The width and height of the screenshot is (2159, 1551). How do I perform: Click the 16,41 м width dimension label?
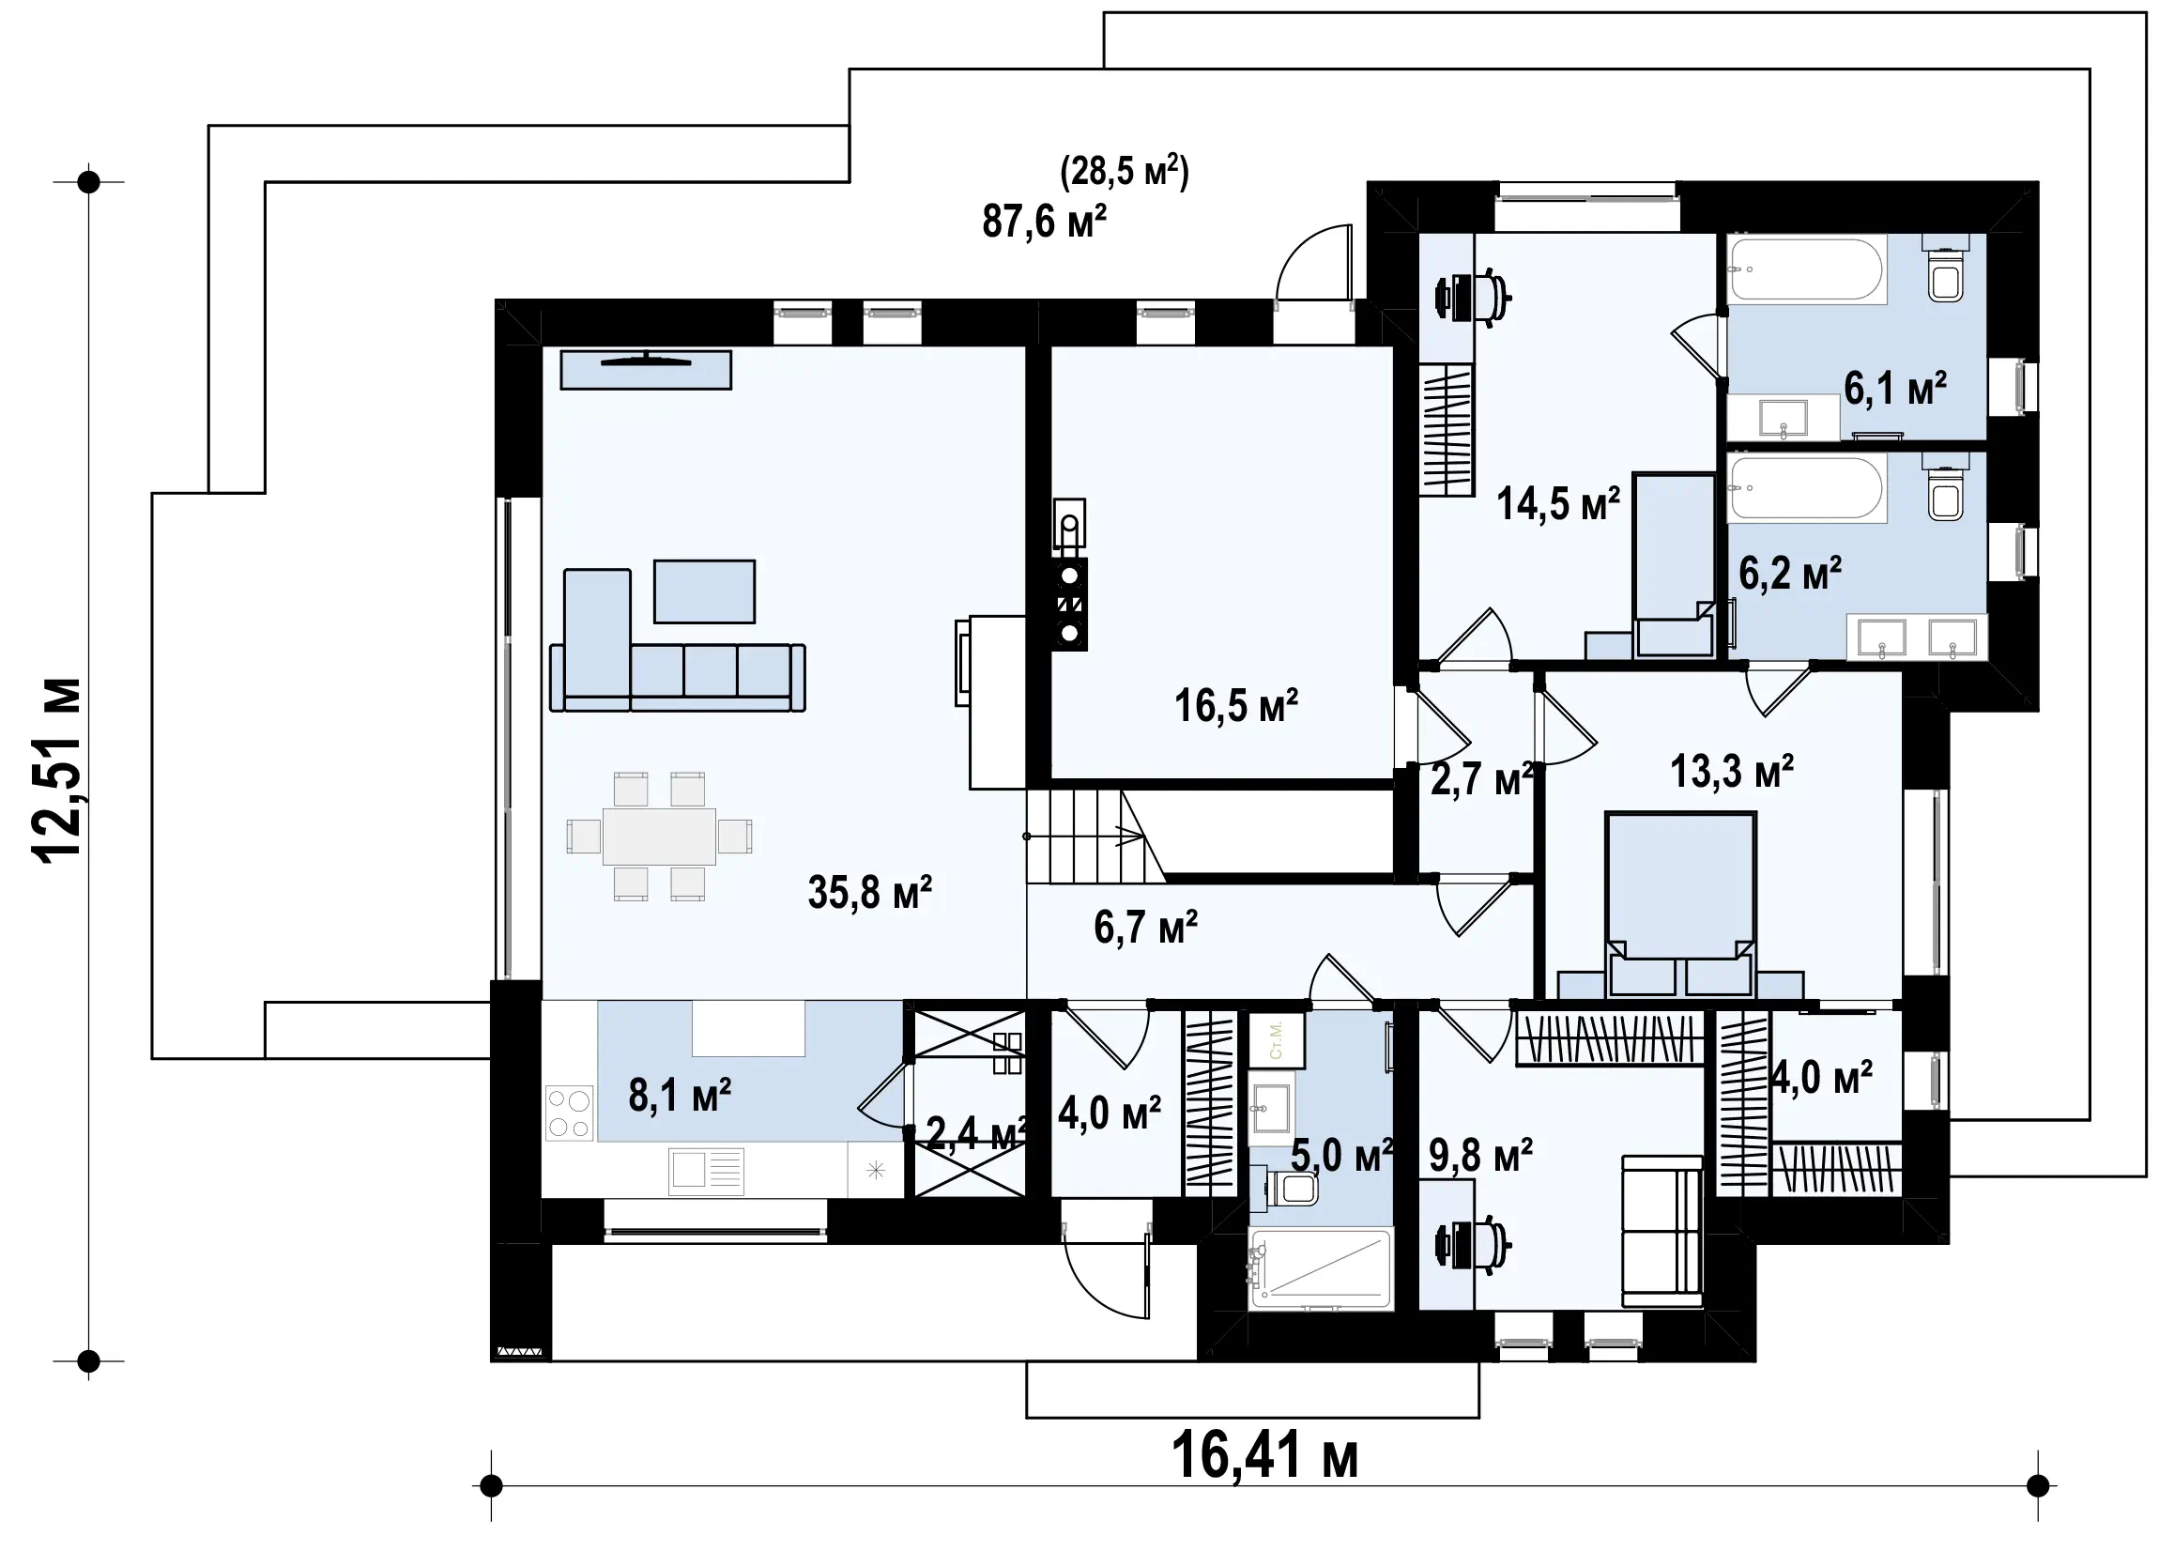coord(1264,1457)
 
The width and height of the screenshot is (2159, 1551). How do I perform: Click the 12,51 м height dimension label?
coord(58,770)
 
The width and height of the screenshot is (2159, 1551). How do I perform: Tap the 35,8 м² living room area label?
coord(869,892)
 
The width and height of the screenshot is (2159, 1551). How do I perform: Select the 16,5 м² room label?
coord(1235,705)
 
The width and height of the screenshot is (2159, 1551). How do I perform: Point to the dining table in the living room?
coord(659,836)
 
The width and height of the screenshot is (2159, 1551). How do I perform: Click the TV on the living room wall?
coord(646,369)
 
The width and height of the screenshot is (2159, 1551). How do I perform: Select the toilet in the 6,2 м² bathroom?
coord(1946,490)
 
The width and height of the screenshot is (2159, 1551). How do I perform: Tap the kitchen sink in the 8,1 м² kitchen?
coord(706,1170)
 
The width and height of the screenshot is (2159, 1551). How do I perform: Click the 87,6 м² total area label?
coord(1044,221)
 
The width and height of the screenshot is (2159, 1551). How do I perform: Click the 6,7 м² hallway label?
coord(1145,927)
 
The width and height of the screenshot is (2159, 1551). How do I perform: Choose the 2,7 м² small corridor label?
coord(1483,779)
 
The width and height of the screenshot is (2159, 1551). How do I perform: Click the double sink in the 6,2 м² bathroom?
coord(1917,637)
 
